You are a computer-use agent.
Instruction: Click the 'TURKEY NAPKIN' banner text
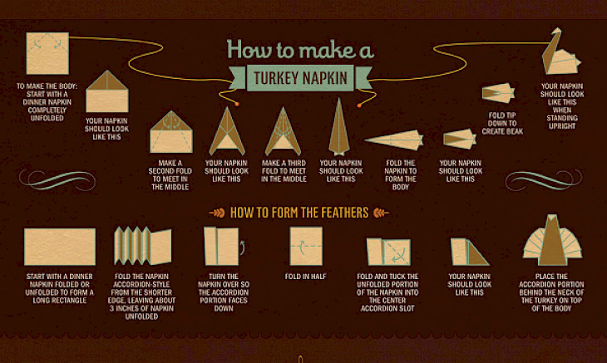click(x=300, y=78)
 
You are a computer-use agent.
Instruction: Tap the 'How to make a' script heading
click(x=300, y=49)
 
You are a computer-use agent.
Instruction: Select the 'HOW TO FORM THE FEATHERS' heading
click(x=299, y=213)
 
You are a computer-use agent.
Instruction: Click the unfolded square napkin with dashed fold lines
click(x=47, y=53)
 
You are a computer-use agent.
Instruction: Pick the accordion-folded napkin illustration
click(x=143, y=246)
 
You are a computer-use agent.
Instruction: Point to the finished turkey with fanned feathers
click(x=552, y=240)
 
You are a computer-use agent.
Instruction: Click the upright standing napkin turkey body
click(x=560, y=52)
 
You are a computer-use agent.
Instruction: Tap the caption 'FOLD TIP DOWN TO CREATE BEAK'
click(x=502, y=123)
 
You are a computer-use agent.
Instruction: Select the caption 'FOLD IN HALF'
click(x=305, y=277)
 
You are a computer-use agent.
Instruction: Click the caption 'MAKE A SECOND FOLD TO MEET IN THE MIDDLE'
click(x=170, y=175)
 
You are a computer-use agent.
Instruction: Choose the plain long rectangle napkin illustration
click(x=60, y=247)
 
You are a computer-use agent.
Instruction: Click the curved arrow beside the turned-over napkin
click(x=242, y=248)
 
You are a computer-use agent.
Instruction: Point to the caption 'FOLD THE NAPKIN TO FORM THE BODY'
click(x=401, y=175)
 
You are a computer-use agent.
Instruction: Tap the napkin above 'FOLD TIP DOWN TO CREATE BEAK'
click(x=498, y=93)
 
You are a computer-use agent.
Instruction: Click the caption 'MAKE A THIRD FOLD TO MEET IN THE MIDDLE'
click(x=284, y=171)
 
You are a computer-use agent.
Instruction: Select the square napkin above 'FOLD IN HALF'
click(x=306, y=246)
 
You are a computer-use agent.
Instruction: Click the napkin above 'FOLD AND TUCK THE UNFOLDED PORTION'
click(x=388, y=252)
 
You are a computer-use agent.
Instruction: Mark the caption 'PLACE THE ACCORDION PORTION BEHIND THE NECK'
click(x=551, y=292)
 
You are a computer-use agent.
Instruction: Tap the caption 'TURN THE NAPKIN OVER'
click(x=224, y=292)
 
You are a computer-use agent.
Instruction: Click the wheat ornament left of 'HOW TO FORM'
click(x=217, y=213)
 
